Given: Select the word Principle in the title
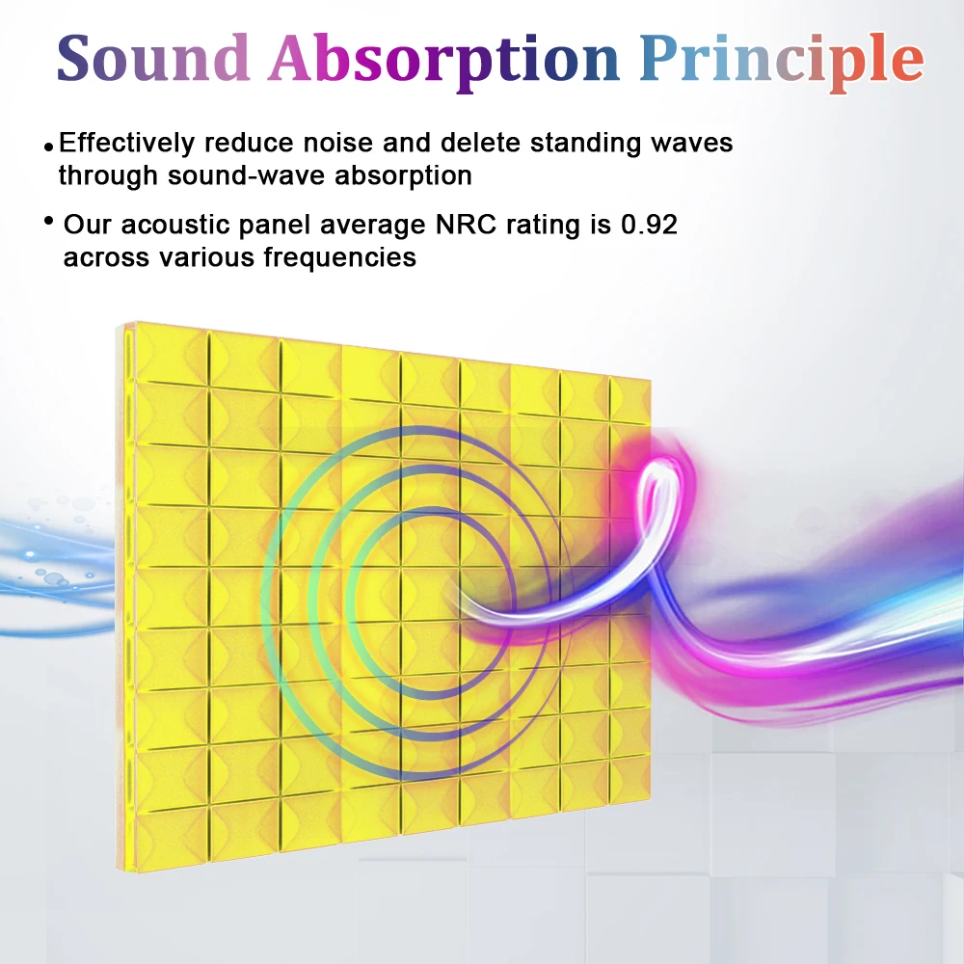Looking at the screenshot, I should click(782, 60).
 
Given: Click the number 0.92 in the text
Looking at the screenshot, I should click(649, 226).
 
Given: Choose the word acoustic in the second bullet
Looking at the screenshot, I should click(173, 226).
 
